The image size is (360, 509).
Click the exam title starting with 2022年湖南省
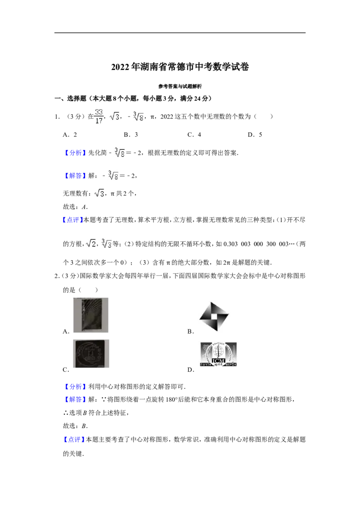(180, 67)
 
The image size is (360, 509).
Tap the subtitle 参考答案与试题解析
(180, 86)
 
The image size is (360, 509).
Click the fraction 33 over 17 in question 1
(99, 116)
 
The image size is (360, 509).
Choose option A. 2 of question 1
(70, 135)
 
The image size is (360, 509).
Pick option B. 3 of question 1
(131, 135)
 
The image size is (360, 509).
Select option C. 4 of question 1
(194, 135)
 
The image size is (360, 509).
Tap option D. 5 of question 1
(255, 135)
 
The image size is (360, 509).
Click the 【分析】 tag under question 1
(75, 153)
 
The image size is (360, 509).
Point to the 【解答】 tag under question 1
(75, 176)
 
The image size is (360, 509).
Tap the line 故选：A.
(76, 207)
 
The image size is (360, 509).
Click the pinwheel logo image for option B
(214, 317)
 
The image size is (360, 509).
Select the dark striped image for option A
(90, 315)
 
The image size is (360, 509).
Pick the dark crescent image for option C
(91, 353)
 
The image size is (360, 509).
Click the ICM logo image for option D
(218, 354)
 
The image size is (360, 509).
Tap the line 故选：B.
(76, 426)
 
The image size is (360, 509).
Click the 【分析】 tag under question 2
(75, 387)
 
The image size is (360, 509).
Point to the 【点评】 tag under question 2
(73, 440)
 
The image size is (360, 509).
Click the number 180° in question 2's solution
(171, 400)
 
